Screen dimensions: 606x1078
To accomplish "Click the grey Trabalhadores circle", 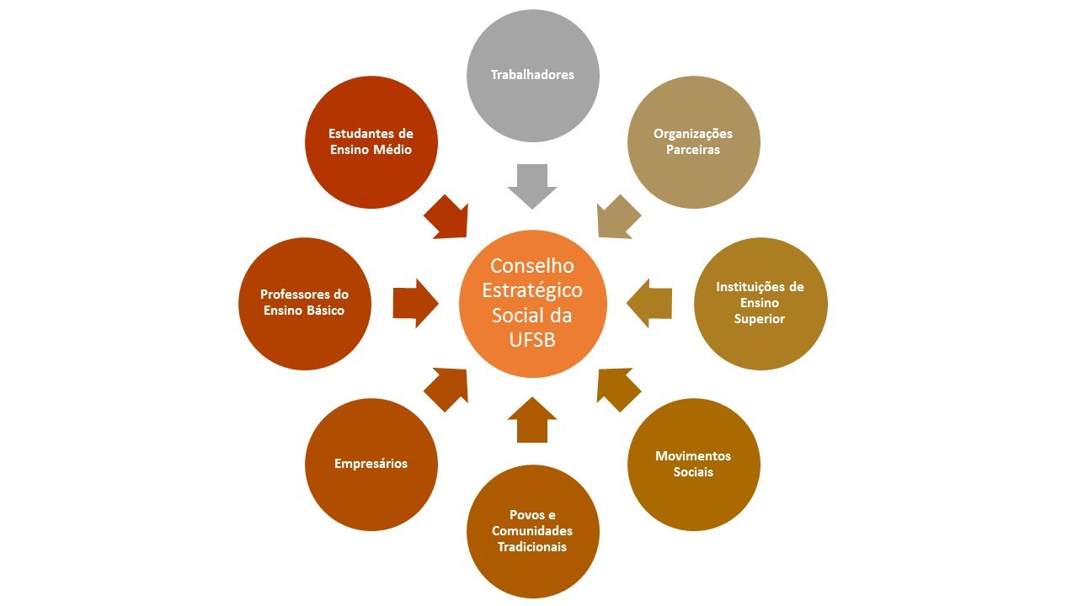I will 532,76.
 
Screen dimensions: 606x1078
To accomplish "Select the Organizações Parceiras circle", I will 693,142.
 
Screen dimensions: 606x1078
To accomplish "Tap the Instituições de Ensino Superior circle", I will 760,304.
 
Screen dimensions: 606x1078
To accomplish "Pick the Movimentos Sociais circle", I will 693,465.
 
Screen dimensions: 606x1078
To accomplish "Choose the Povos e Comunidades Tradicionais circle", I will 532,531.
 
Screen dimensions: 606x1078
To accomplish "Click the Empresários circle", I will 371,465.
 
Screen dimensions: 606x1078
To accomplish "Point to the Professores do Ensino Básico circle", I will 305,304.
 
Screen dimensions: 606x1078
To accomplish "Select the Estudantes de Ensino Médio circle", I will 371,142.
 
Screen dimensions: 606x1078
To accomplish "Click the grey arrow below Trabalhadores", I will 532,186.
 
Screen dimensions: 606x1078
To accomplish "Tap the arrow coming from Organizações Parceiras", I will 617,217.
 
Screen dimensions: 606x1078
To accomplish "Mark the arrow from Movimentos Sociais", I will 617,389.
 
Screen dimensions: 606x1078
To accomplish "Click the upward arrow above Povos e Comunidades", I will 532,420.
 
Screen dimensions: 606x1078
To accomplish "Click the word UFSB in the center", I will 532,339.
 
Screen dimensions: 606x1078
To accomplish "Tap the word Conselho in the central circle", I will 532,266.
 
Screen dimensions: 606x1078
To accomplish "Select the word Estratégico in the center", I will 532,291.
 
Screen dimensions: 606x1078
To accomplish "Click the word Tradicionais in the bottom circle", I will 532,547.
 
